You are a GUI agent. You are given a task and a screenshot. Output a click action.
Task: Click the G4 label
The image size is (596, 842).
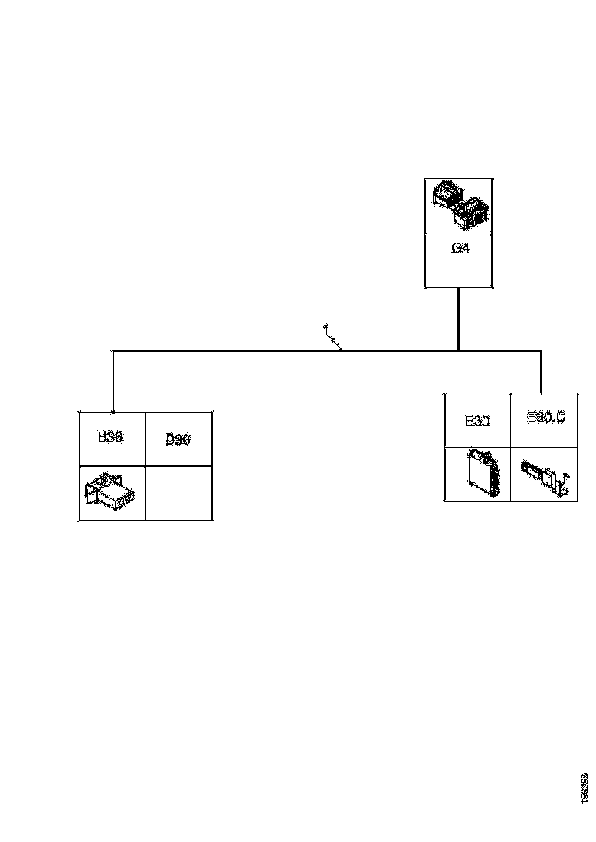click(460, 248)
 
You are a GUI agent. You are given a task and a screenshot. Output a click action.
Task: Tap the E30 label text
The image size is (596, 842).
click(476, 420)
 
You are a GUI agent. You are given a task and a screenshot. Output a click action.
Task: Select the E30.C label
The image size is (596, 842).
click(546, 417)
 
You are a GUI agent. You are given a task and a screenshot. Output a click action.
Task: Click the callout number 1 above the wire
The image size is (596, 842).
click(325, 329)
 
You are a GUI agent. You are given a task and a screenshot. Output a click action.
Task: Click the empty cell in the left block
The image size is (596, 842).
click(178, 492)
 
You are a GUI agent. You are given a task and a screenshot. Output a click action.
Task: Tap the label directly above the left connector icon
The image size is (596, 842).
click(110, 437)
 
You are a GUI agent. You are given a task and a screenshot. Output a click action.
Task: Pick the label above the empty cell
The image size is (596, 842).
click(178, 439)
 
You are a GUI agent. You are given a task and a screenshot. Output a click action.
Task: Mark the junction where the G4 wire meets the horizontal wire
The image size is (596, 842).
click(458, 351)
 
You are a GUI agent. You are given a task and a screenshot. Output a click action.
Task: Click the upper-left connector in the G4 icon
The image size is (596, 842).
click(446, 194)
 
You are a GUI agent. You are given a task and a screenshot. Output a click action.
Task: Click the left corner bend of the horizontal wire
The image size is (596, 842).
click(113, 351)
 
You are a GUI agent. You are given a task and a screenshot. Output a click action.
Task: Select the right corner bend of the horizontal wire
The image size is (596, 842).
click(542, 351)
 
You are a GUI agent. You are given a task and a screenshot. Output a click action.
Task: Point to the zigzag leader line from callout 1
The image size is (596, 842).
click(334, 341)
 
